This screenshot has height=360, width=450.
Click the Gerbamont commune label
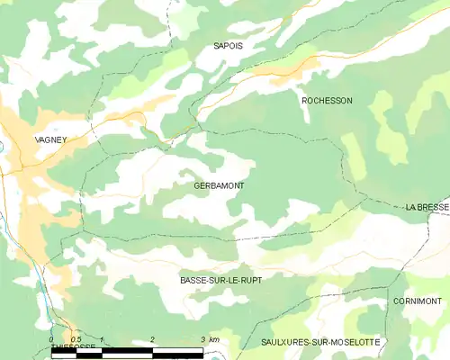tap(219, 185)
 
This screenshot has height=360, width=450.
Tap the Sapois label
tap(229, 44)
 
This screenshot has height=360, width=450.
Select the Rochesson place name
tap(327, 101)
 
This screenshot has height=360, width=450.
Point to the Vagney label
tap(50, 139)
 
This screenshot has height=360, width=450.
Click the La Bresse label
tap(427, 207)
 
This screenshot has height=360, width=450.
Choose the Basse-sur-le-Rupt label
tap(220, 281)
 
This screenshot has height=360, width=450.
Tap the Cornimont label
tap(417, 301)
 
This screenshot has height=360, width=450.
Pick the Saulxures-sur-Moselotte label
tap(319, 343)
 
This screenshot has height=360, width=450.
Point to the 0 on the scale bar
tap(52, 339)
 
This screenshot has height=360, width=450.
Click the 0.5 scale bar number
tap(76, 339)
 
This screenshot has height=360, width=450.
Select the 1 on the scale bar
tap(103, 339)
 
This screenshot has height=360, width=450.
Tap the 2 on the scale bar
tap(153, 339)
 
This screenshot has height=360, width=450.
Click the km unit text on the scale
tap(213, 339)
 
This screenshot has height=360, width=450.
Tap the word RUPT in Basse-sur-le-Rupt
tap(247, 281)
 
